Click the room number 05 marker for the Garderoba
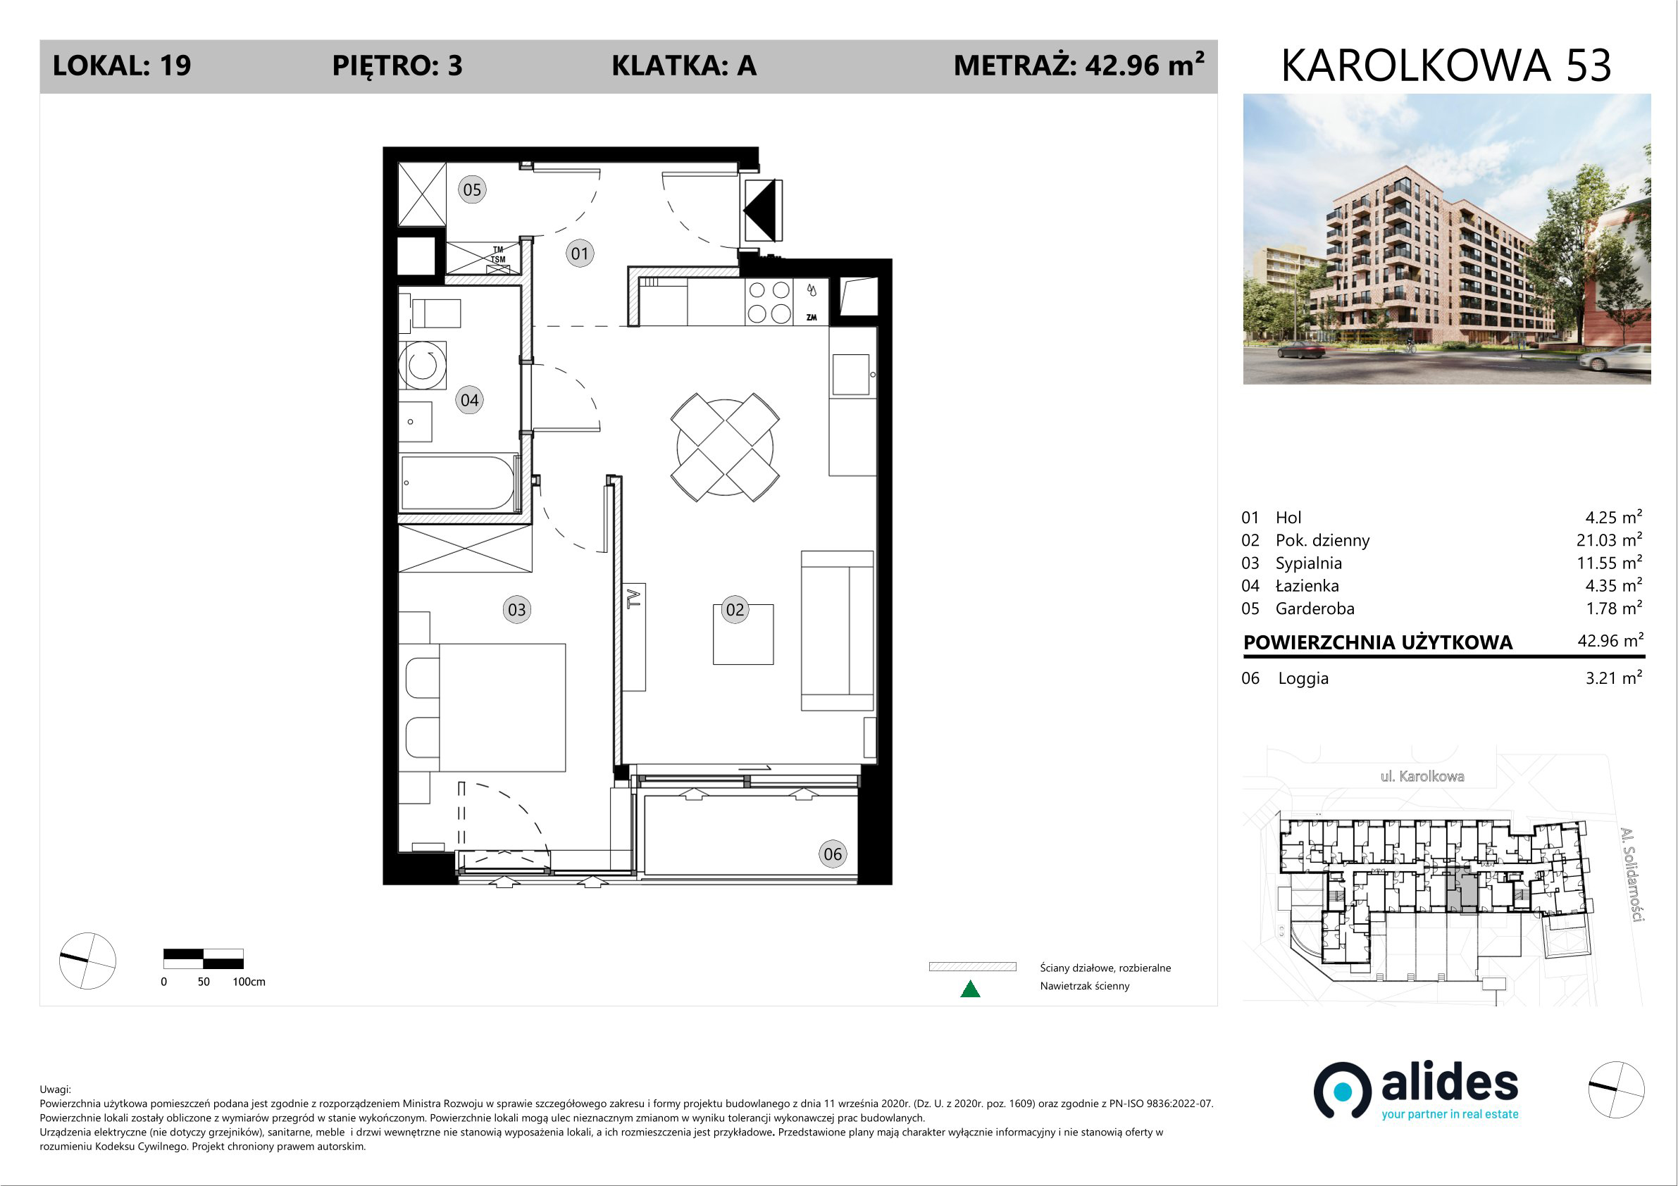click(x=472, y=190)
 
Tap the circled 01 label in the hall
click(x=580, y=254)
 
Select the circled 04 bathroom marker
click(x=469, y=401)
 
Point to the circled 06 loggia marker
click(x=833, y=854)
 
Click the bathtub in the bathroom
click(x=459, y=482)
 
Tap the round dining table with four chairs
click(x=725, y=447)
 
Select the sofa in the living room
click(x=838, y=630)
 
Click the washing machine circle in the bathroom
click(x=423, y=364)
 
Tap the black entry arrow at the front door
click(x=760, y=211)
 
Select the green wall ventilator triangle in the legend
click(x=970, y=990)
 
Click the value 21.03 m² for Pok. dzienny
click(x=1609, y=540)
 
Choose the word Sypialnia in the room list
click(x=1309, y=563)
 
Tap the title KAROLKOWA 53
click(x=1446, y=65)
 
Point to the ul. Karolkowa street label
click(x=1422, y=776)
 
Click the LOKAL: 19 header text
click(x=122, y=65)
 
